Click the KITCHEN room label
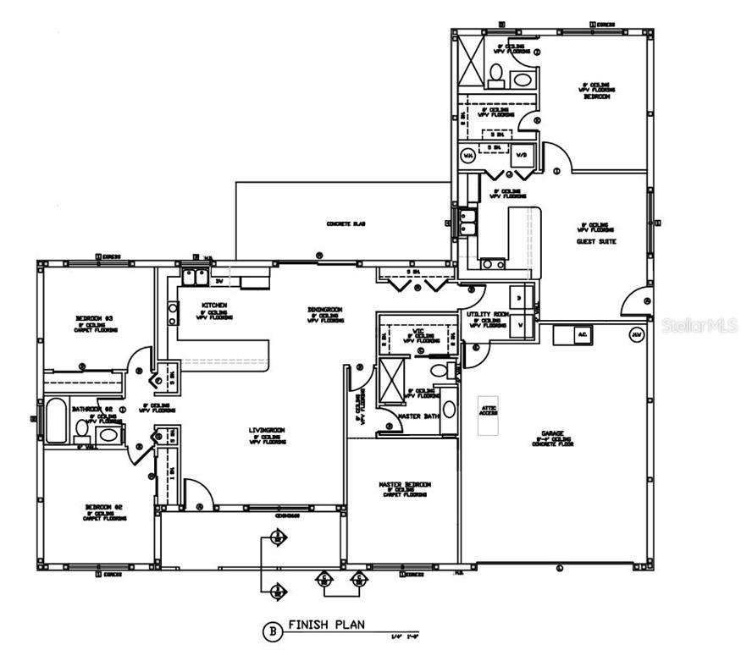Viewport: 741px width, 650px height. pyautogui.click(x=213, y=305)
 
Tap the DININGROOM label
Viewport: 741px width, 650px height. pyautogui.click(x=324, y=310)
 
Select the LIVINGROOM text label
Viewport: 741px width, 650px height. pyautogui.click(x=267, y=430)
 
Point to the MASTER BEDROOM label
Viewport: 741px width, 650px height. pyautogui.click(x=405, y=484)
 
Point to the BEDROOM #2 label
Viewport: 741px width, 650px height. pyautogui.click(x=104, y=507)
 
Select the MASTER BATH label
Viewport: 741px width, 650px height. pyautogui.click(x=413, y=415)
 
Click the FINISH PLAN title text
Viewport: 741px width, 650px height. pyautogui.click(x=326, y=625)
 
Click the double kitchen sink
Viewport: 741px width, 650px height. pyautogui.click(x=196, y=274)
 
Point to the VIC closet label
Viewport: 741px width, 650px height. pyautogui.click(x=418, y=332)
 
